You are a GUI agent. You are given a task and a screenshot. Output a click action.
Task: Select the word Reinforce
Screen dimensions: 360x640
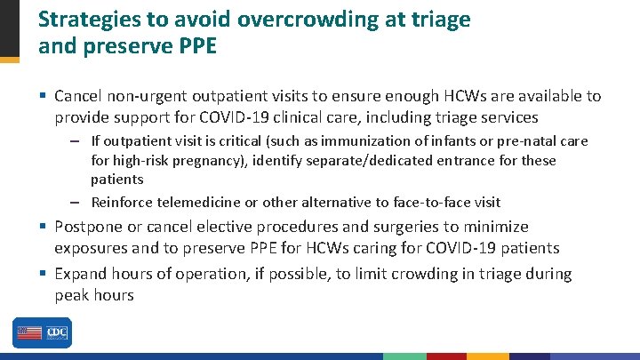pos(122,202)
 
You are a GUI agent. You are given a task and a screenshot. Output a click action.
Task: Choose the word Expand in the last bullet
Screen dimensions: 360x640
pos(81,274)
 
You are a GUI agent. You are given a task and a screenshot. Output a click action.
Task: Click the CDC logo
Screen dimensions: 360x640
pos(58,332)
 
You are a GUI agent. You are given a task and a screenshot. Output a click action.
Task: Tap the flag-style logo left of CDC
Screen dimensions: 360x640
pos(29,332)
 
